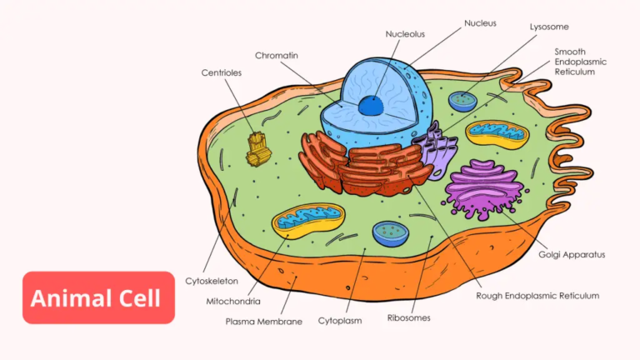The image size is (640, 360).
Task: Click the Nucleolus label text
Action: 405,34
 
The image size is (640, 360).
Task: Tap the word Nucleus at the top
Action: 481,23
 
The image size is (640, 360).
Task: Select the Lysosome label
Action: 550,27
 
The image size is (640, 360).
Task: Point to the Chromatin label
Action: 278,56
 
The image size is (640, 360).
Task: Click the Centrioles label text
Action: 221,72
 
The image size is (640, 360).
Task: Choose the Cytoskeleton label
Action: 211,282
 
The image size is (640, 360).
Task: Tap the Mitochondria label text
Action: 233,301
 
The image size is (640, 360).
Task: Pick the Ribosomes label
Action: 408,317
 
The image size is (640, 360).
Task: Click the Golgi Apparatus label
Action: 572,254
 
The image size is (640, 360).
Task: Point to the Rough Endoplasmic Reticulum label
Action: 537,296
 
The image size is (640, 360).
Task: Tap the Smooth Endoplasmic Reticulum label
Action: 581,62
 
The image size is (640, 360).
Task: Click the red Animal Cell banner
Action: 98,297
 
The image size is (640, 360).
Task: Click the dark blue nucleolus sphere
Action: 372,105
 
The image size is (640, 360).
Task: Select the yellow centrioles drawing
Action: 260,148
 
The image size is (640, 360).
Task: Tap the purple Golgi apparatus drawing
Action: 483,188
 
